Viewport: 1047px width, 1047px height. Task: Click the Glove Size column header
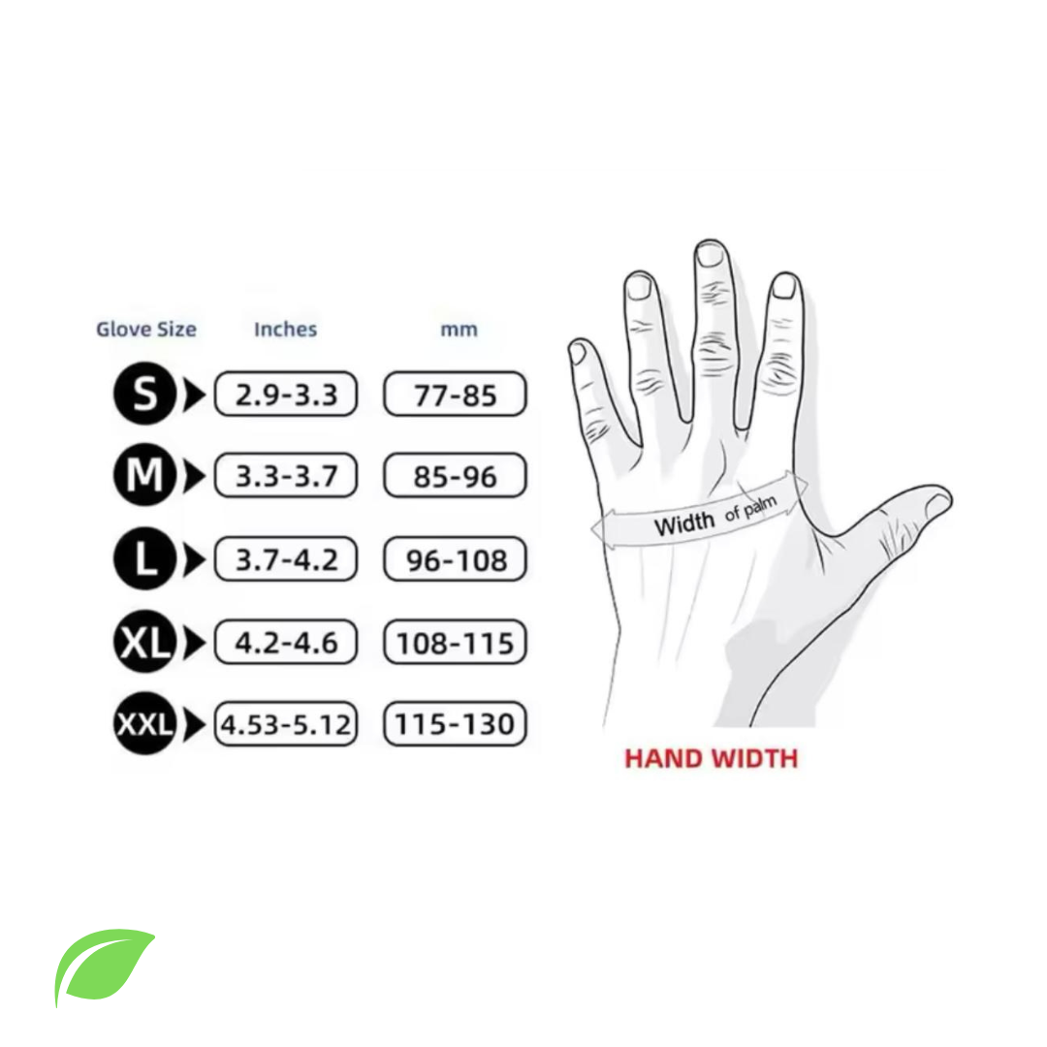[x=146, y=330]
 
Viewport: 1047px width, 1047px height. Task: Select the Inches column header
[x=285, y=330]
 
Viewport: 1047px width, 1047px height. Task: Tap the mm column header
[x=459, y=330]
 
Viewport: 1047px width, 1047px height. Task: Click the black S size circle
[x=144, y=394]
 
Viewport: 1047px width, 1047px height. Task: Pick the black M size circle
[x=144, y=475]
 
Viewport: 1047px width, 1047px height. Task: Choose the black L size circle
[x=144, y=558]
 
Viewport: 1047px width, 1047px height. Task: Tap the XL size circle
[x=144, y=642]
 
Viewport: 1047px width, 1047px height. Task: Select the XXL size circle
[x=144, y=724]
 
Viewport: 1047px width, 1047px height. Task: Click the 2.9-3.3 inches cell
[x=286, y=394]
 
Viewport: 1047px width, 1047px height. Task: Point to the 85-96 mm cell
[x=455, y=475]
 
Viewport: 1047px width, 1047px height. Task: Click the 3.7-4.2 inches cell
[x=286, y=559]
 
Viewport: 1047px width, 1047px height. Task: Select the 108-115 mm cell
[x=455, y=643]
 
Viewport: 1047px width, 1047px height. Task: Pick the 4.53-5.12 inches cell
[x=286, y=724]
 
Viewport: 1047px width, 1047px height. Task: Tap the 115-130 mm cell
[x=455, y=724]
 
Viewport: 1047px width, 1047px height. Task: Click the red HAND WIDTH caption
[x=712, y=758]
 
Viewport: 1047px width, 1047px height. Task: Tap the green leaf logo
[x=104, y=966]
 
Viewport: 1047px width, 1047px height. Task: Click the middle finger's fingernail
[x=709, y=254]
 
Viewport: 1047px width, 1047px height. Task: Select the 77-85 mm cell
[x=455, y=394]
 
